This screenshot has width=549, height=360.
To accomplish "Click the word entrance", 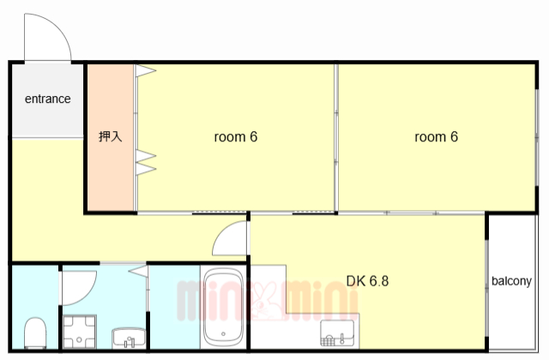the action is click(48, 99).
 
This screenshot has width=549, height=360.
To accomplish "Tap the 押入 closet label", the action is click(111, 136).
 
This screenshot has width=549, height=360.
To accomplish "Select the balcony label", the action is click(511, 281).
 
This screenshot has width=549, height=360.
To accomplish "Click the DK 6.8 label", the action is click(367, 281).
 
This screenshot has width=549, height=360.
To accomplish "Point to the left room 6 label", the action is click(236, 137).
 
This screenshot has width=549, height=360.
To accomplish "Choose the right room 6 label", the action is click(437, 137).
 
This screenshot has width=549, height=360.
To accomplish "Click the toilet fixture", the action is click(35, 333).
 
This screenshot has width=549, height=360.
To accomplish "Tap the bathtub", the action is click(223, 307).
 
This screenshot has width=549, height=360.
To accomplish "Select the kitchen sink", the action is click(337, 333).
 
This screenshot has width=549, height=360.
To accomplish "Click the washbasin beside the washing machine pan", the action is click(129, 338).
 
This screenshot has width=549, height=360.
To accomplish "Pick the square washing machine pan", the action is click(80, 332).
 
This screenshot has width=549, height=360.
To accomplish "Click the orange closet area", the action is click(111, 137).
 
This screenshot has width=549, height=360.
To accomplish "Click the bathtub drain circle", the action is click(223, 333).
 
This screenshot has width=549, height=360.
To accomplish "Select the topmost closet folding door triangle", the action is click(146, 70).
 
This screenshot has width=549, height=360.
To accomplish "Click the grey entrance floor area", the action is click(48, 101).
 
